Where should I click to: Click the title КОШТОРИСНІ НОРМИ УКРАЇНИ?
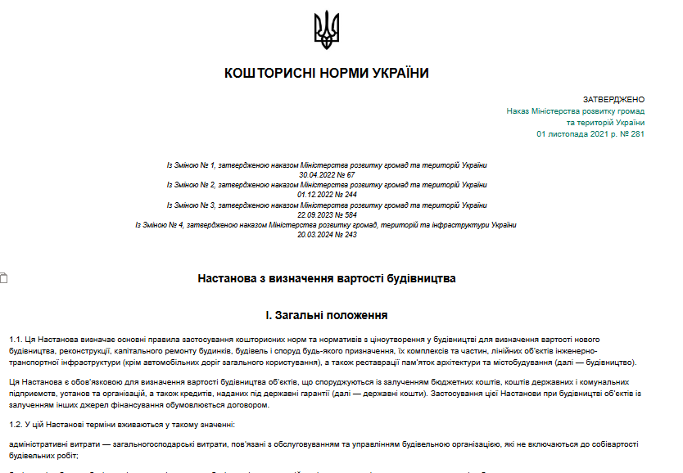[326, 74]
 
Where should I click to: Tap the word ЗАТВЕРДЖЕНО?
[613, 99]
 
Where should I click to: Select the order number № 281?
[631, 133]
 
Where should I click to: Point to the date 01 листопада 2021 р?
[575, 133]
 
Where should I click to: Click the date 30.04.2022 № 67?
[327, 175]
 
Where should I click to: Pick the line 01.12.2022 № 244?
[327, 195]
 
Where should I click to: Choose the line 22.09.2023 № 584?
[327, 214]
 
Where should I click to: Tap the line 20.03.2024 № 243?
[327, 234]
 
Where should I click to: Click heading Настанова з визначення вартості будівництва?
[327, 278]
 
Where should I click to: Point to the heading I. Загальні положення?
[326, 315]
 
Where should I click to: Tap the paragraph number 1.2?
[16, 424]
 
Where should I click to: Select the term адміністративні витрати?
[52, 444]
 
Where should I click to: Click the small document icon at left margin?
[3, 278]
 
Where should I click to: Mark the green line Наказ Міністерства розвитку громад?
[575, 110]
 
